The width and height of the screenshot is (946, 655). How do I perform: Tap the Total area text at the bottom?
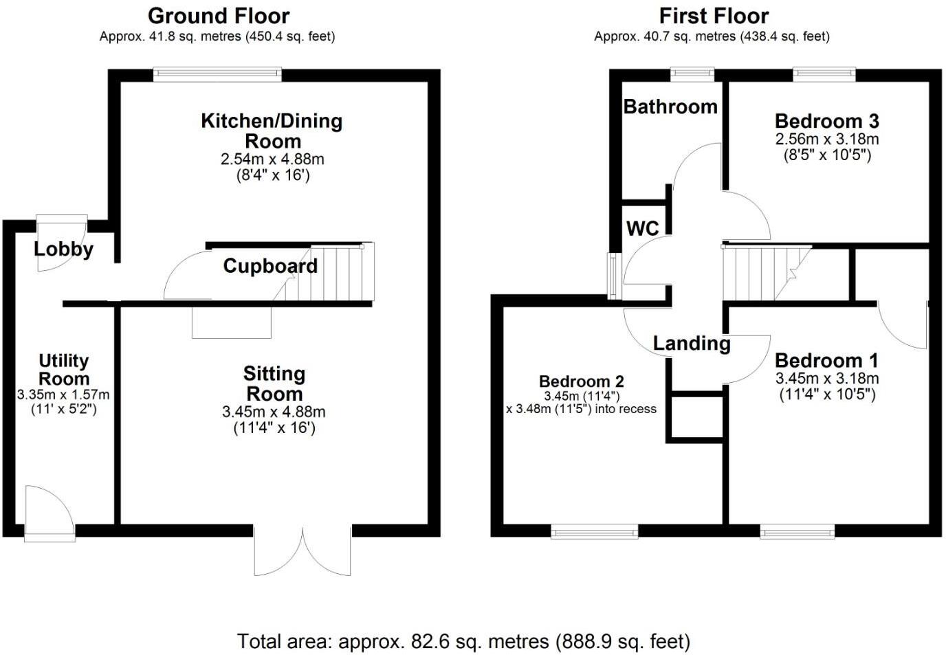(x=463, y=641)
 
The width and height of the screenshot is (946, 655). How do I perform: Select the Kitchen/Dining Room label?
(x=272, y=131)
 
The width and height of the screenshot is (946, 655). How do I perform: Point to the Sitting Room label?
(x=274, y=384)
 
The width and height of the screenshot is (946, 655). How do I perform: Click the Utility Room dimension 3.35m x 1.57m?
(x=63, y=395)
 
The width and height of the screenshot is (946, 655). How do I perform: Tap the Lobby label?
(x=63, y=249)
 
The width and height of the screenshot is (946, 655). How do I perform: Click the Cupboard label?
(x=270, y=266)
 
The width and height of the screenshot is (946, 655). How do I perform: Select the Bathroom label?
(x=670, y=107)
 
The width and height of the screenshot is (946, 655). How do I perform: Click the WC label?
(x=642, y=228)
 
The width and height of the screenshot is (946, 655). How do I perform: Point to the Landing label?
(x=692, y=344)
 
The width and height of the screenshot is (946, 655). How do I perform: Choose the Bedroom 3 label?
(x=827, y=121)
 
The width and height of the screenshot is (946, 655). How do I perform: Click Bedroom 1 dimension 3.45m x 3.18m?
(x=827, y=378)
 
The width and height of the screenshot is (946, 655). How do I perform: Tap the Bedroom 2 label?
(x=581, y=381)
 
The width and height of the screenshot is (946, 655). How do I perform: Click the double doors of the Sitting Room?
(x=302, y=551)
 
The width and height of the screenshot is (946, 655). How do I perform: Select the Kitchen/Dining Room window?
(x=217, y=74)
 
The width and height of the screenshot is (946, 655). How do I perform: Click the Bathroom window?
(x=692, y=74)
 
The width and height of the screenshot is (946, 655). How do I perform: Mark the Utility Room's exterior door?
(x=49, y=514)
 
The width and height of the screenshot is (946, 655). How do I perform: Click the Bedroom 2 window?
(x=595, y=532)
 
